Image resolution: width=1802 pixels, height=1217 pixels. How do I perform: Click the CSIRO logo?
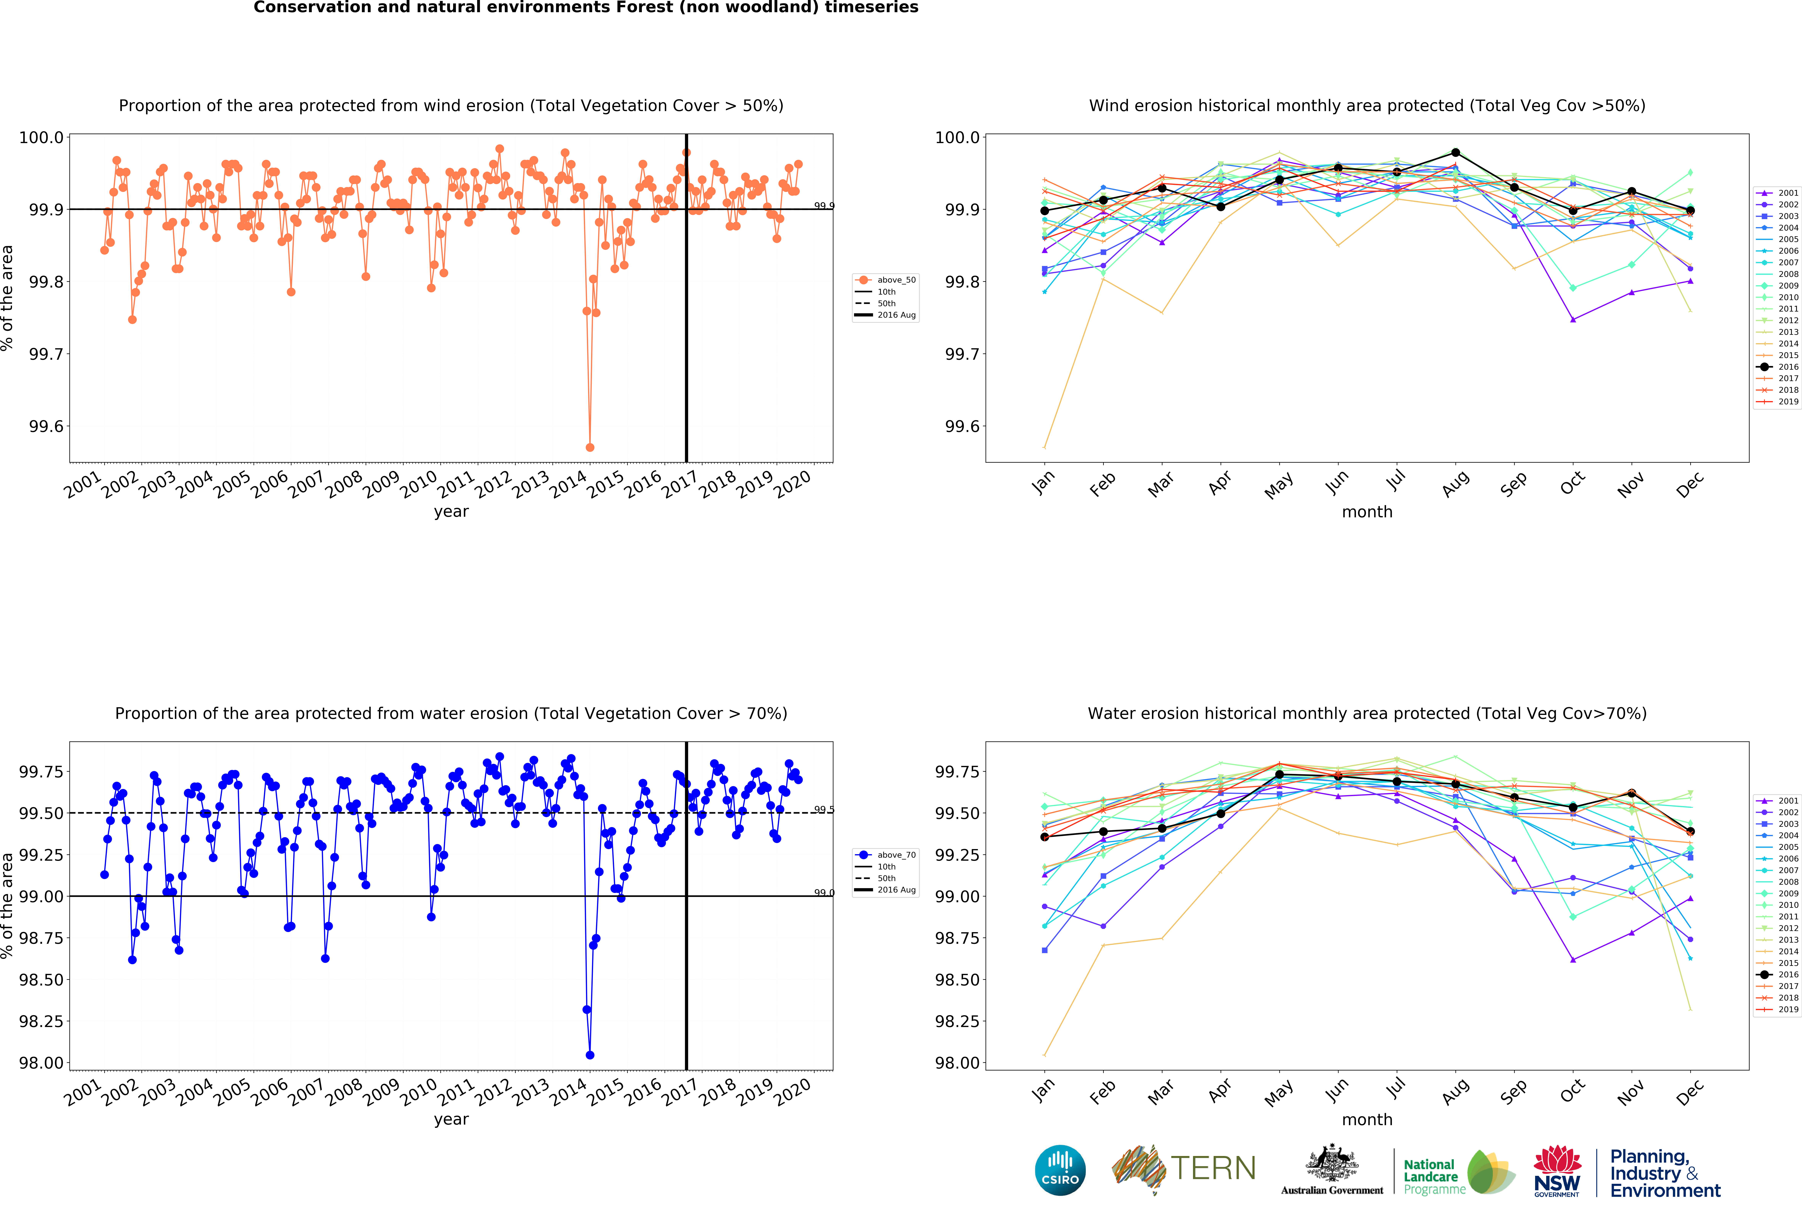1060,1170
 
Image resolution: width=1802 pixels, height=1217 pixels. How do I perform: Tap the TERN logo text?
1214,1168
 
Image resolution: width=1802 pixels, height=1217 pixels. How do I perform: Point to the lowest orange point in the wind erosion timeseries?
590,447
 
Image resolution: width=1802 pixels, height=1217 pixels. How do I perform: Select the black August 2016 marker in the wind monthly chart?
1455,153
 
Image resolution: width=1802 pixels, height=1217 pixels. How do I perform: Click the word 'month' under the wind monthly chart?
1367,512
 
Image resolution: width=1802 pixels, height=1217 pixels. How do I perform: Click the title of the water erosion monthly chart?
1367,713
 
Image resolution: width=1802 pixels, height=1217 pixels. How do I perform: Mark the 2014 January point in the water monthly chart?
1044,1055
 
